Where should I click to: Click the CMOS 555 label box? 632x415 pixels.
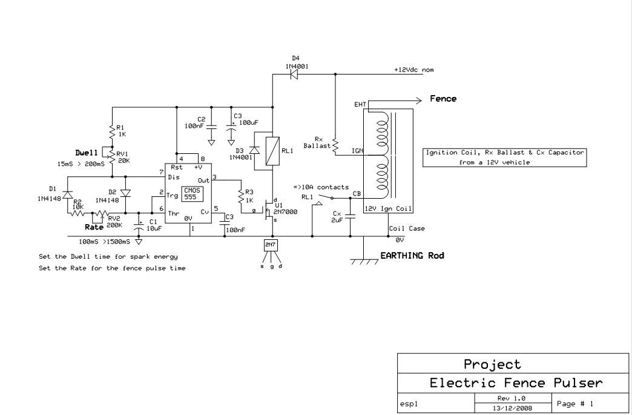193,194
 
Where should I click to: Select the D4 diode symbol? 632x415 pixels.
294,74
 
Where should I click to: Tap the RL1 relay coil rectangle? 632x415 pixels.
272,151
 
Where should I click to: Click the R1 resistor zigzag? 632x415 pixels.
112,131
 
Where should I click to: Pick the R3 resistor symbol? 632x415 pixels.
240,196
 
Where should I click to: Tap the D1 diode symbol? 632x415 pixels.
67,195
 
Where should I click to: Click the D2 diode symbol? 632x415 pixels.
125,193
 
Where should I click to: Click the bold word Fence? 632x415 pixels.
443,99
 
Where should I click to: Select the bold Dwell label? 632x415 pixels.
86,153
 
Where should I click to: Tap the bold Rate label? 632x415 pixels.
94,227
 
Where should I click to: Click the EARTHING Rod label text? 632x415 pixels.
412,256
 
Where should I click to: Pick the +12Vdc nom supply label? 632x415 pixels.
414,70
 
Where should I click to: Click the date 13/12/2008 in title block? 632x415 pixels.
512,408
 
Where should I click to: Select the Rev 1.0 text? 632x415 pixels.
512,398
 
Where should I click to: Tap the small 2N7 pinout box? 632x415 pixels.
271,245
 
